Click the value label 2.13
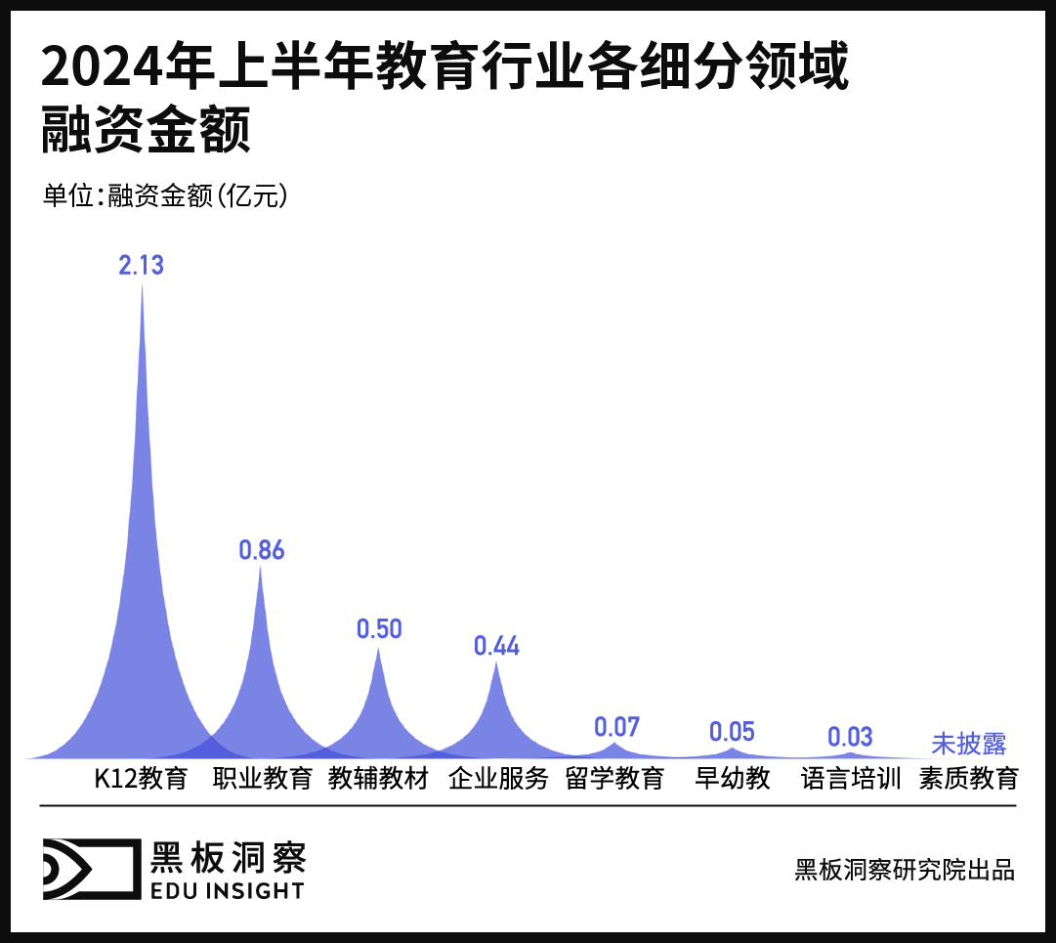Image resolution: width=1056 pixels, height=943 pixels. [142, 265]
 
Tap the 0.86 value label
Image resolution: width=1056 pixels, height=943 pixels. [262, 550]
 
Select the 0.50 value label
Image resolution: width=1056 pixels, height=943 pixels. [379, 629]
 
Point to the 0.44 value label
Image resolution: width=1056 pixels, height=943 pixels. [496, 646]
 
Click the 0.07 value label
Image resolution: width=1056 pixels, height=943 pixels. [616, 727]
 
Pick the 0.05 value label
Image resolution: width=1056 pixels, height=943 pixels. [733, 732]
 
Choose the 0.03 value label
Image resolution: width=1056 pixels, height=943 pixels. [850, 736]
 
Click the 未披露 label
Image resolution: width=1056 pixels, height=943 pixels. [968, 744]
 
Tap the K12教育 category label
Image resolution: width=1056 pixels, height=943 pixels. [141, 780]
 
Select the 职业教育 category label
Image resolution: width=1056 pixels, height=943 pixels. [263, 780]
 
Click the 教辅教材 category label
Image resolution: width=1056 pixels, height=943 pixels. [379, 780]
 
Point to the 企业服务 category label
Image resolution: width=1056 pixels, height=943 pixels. [498, 780]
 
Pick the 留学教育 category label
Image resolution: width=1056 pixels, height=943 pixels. [615, 780]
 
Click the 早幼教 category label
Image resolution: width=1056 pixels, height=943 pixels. [733, 780]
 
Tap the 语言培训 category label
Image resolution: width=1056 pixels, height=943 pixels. [851, 780]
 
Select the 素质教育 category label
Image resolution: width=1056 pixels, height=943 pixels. [969, 780]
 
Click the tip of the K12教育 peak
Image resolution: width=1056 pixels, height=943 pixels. [143, 284]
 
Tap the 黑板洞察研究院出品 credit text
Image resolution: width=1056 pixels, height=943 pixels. [905, 870]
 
